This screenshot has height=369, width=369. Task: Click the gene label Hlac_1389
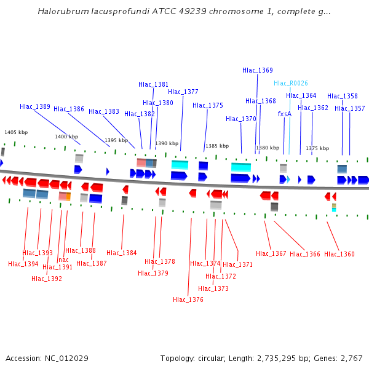click(35, 106)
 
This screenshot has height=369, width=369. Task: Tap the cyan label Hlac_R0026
click(291, 83)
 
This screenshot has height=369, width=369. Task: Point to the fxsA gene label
click(285, 114)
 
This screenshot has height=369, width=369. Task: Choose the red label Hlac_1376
click(188, 300)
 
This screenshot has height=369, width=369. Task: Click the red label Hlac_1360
click(339, 254)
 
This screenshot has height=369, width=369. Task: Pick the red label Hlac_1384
click(122, 253)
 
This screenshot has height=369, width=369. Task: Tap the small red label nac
click(63, 260)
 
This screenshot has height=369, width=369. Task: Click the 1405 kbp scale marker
click(16, 132)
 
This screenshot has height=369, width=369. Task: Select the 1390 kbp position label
click(167, 143)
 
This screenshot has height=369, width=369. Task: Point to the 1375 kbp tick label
click(317, 148)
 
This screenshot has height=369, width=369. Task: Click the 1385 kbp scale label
click(217, 146)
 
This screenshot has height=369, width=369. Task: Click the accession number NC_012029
click(68, 358)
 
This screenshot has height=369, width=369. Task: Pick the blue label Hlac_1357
click(350, 108)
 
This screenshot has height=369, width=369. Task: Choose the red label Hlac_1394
click(23, 264)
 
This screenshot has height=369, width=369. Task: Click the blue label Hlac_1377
click(183, 92)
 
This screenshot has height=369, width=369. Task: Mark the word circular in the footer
click(209, 358)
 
